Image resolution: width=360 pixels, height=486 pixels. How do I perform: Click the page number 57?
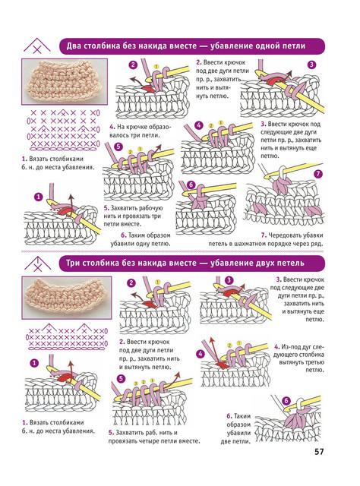pos(319,452)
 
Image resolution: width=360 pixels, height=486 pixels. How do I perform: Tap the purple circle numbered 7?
pos(318,174)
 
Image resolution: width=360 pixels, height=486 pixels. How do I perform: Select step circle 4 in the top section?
pos(198,125)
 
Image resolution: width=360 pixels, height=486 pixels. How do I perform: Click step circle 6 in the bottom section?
pos(286,401)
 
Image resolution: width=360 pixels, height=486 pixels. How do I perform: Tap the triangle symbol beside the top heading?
pos(37,46)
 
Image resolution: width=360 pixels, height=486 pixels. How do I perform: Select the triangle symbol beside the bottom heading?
pos(37,264)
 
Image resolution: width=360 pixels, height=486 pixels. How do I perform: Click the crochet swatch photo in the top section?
pos(65,81)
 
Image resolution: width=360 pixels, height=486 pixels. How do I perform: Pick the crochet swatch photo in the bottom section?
pos(66,298)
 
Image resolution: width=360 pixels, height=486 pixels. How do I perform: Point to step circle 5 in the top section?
pos(118,147)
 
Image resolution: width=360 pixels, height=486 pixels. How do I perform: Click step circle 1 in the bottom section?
pos(34,363)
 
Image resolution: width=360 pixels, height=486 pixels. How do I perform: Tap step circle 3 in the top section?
pos(311,65)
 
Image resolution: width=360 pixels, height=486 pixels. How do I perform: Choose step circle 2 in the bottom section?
pos(131,282)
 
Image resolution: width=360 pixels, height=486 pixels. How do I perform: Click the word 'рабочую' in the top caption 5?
pos(150,208)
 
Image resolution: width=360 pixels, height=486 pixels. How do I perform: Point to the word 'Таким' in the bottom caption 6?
pos(242,416)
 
